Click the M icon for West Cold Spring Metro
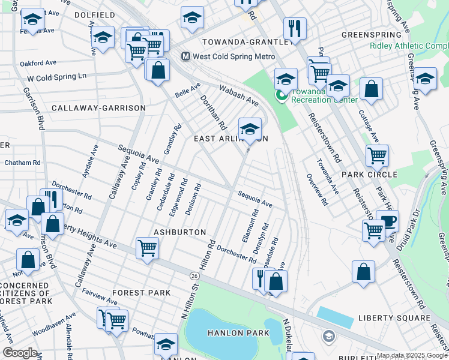[x=185, y=56]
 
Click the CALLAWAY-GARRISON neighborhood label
[x=98, y=108]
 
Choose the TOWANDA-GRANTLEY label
[x=246, y=42]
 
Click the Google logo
[x=20, y=353]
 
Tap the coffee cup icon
[x=387, y=220]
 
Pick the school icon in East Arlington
[x=250, y=128]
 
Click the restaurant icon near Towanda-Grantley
[x=295, y=28]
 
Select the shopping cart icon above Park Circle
[x=377, y=155]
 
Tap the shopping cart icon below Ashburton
[x=147, y=247]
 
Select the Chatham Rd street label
[x=22, y=163]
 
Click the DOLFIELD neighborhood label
[x=95, y=14]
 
